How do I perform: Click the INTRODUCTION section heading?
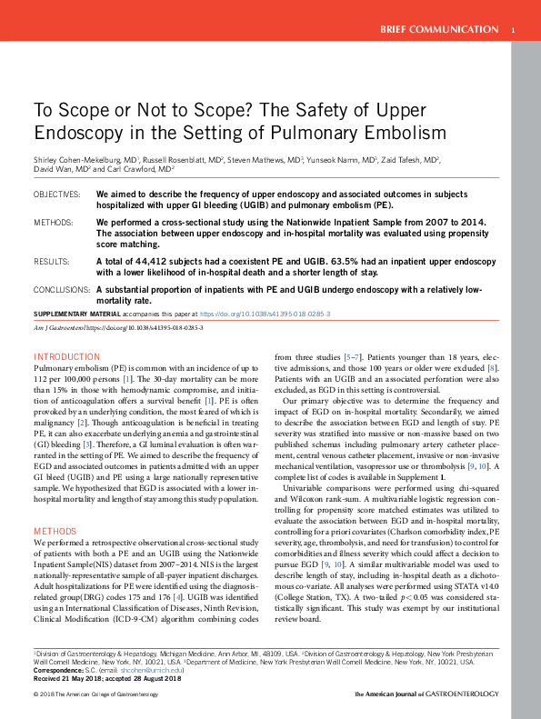66,357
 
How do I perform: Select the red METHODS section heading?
56,530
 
